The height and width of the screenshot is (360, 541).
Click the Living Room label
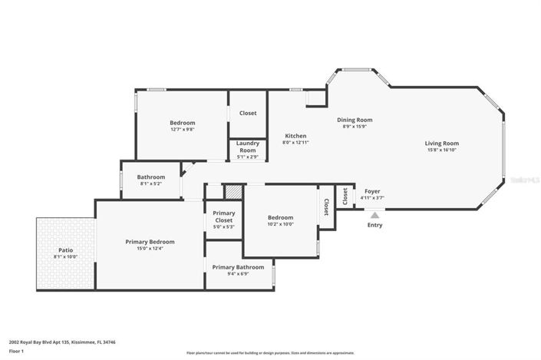(442, 143)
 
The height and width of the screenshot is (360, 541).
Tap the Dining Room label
(355, 120)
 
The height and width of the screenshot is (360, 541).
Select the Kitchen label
(295, 136)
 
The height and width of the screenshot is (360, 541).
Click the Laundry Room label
(248, 146)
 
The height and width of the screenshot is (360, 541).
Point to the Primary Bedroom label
(150, 242)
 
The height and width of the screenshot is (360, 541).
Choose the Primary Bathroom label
(236, 267)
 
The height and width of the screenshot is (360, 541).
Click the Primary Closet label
(224, 216)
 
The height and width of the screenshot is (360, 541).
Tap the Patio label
(66, 250)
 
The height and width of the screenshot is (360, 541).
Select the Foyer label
(372, 191)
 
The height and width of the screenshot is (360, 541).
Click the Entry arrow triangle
(374, 216)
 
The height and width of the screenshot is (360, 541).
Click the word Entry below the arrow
(374, 225)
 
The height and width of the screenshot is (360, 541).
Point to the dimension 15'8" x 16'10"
(442, 150)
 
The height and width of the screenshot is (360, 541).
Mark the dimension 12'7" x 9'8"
(182, 130)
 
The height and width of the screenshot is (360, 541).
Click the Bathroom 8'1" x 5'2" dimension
(151, 183)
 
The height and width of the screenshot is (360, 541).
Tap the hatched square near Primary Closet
(233, 191)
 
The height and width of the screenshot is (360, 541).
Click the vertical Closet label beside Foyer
(326, 206)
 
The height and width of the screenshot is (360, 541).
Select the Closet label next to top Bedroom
(248, 113)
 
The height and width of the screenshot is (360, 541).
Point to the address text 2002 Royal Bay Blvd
(38, 342)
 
